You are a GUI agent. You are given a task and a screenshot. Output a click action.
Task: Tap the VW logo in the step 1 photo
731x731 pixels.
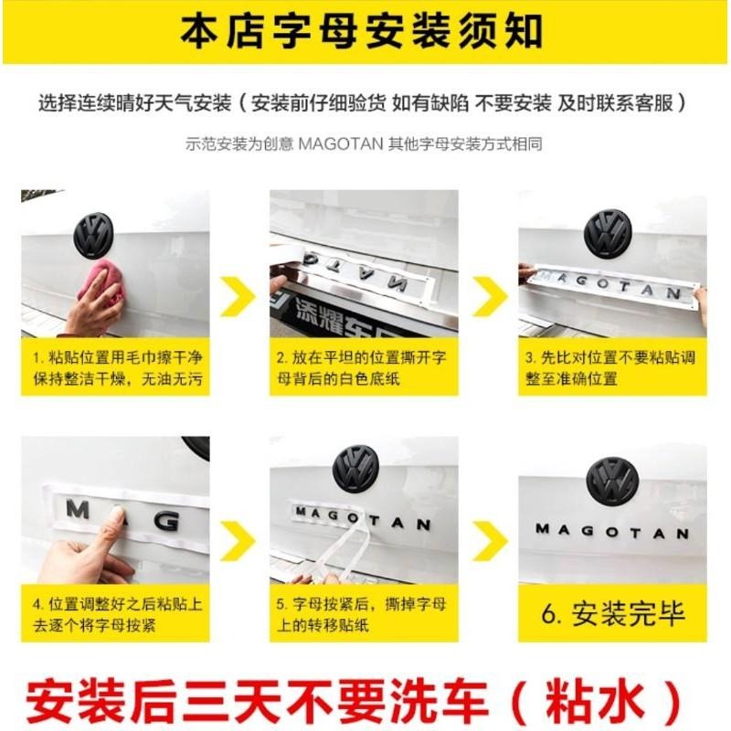click(94, 235)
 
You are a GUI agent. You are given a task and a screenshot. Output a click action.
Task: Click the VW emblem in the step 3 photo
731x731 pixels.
click(607, 233)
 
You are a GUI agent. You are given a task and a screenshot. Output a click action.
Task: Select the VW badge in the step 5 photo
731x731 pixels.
click(354, 469)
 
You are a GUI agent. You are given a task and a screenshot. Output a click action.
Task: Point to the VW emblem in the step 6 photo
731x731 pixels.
click(611, 482)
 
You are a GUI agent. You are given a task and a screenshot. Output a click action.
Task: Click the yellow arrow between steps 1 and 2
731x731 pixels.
click(238, 296)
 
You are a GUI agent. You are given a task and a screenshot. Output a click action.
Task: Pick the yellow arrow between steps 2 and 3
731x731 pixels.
click(490, 296)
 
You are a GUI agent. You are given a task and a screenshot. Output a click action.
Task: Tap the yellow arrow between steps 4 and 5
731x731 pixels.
click(238, 541)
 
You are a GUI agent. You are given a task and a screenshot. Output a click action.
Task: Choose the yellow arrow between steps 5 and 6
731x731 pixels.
click(490, 541)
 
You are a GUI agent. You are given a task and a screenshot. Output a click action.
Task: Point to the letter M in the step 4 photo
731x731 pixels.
click(78, 509)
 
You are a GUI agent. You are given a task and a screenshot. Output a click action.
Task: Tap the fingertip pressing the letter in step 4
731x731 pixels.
click(117, 516)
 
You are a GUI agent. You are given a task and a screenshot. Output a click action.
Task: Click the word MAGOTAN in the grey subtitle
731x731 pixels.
click(340, 143)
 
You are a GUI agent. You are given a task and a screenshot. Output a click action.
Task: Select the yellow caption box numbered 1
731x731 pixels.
click(115, 367)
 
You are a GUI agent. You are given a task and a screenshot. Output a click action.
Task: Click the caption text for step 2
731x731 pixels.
click(361, 368)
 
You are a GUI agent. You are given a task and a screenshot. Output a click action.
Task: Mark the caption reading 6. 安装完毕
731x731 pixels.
click(612, 613)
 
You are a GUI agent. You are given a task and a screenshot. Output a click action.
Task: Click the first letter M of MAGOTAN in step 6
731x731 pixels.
click(542, 529)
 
